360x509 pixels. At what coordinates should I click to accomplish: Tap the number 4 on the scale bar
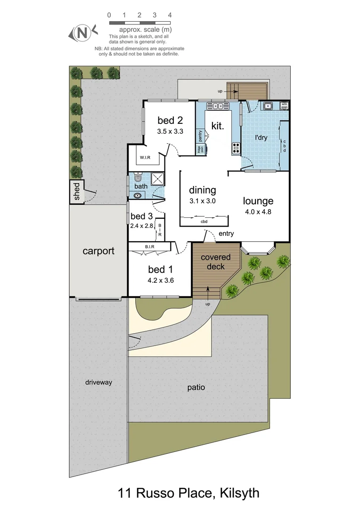coord(170,15)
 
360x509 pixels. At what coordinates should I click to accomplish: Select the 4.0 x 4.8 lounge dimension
coord(258,212)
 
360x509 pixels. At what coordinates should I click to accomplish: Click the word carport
coord(98,251)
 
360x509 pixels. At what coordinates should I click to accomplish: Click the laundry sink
coord(268,106)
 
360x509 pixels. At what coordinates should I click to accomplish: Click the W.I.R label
coord(145,157)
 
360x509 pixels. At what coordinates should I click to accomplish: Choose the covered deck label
coord(215,262)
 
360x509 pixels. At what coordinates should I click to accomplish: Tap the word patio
coord(196,388)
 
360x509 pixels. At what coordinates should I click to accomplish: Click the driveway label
coord(98,382)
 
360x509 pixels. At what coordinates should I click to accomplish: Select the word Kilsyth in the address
coord(238,493)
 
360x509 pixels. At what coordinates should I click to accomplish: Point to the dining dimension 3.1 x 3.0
coord(202,201)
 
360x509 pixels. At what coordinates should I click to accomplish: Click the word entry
coord(226,234)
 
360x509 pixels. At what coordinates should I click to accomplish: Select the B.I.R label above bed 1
coord(151,246)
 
